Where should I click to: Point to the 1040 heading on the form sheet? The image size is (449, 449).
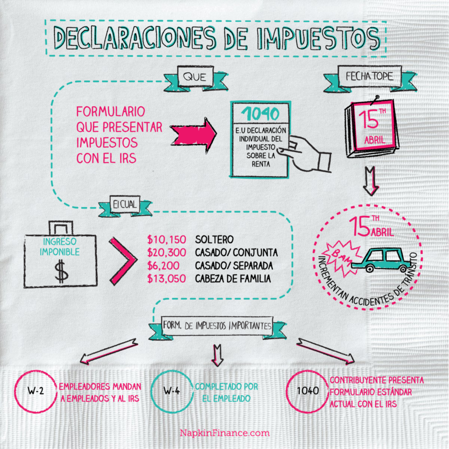260,113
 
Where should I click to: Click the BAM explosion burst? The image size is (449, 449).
337,252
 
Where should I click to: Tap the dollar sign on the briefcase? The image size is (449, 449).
61,272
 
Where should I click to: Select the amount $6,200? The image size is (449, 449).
163,266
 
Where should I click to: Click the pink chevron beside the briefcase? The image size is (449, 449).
122,260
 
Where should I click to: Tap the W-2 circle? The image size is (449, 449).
36,392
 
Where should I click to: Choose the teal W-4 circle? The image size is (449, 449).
171,392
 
